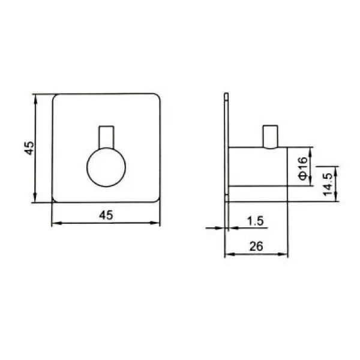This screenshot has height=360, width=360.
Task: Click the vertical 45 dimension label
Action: pyautogui.click(x=29, y=148)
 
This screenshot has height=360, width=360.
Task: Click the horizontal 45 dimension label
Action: pyautogui.click(x=106, y=215)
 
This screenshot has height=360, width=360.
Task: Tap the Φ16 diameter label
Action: pyautogui.click(x=302, y=168)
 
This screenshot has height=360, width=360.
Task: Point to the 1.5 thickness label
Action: pyautogui.click(x=256, y=221)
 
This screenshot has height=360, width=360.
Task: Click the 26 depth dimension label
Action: pyautogui.click(x=256, y=247)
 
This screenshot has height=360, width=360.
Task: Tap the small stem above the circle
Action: pyautogui.click(x=106, y=137)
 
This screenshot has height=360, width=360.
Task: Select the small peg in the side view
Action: pyautogui.click(x=271, y=137)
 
